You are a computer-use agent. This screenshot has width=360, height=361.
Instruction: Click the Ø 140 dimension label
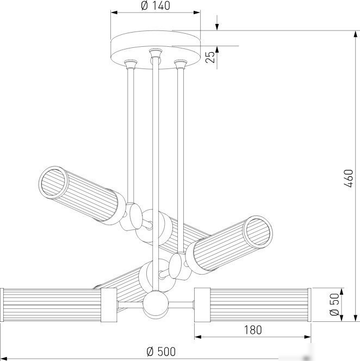point(156,6)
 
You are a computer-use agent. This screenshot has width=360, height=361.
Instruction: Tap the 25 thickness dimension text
point(210,57)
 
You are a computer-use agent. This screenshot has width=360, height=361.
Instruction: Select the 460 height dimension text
point(348,178)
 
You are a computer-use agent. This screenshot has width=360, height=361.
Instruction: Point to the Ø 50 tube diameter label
point(334,304)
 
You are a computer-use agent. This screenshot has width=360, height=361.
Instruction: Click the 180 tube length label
point(253,330)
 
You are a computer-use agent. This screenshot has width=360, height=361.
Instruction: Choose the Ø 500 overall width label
point(161,352)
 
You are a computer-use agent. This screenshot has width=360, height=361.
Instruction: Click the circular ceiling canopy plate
point(156,49)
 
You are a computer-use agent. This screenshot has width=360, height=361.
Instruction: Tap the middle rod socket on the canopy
point(156,53)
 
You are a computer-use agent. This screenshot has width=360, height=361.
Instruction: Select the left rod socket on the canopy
point(131,64)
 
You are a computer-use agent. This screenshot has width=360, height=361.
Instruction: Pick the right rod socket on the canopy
point(181,64)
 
